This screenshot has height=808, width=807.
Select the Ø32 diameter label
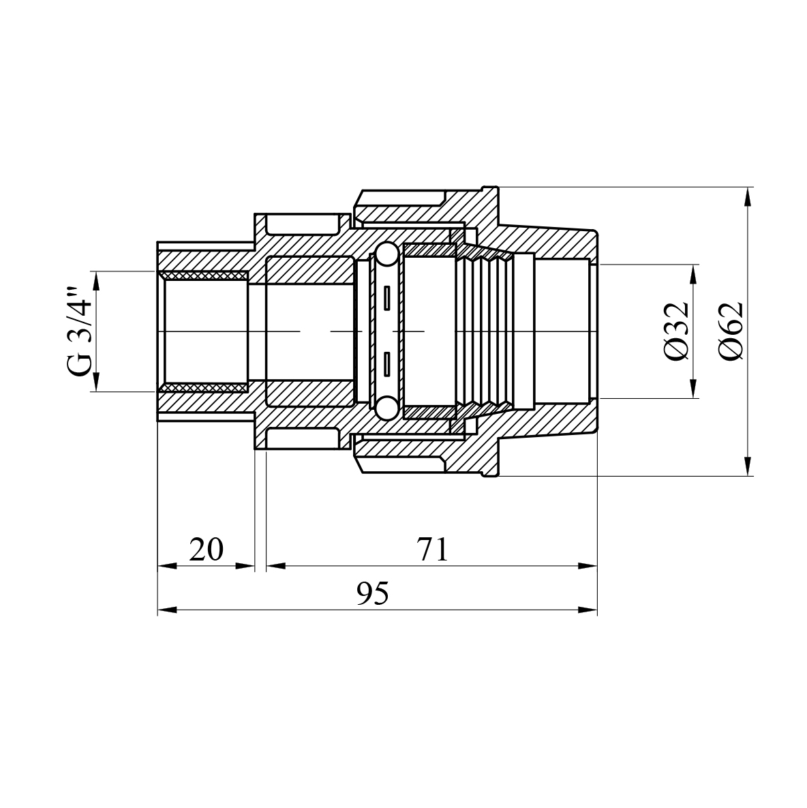[x=676, y=331]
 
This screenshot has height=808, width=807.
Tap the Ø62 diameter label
[x=731, y=331]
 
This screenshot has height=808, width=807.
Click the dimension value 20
[x=206, y=550]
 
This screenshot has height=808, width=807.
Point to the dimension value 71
[x=433, y=550]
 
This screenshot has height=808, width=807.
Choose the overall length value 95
[x=373, y=594]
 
